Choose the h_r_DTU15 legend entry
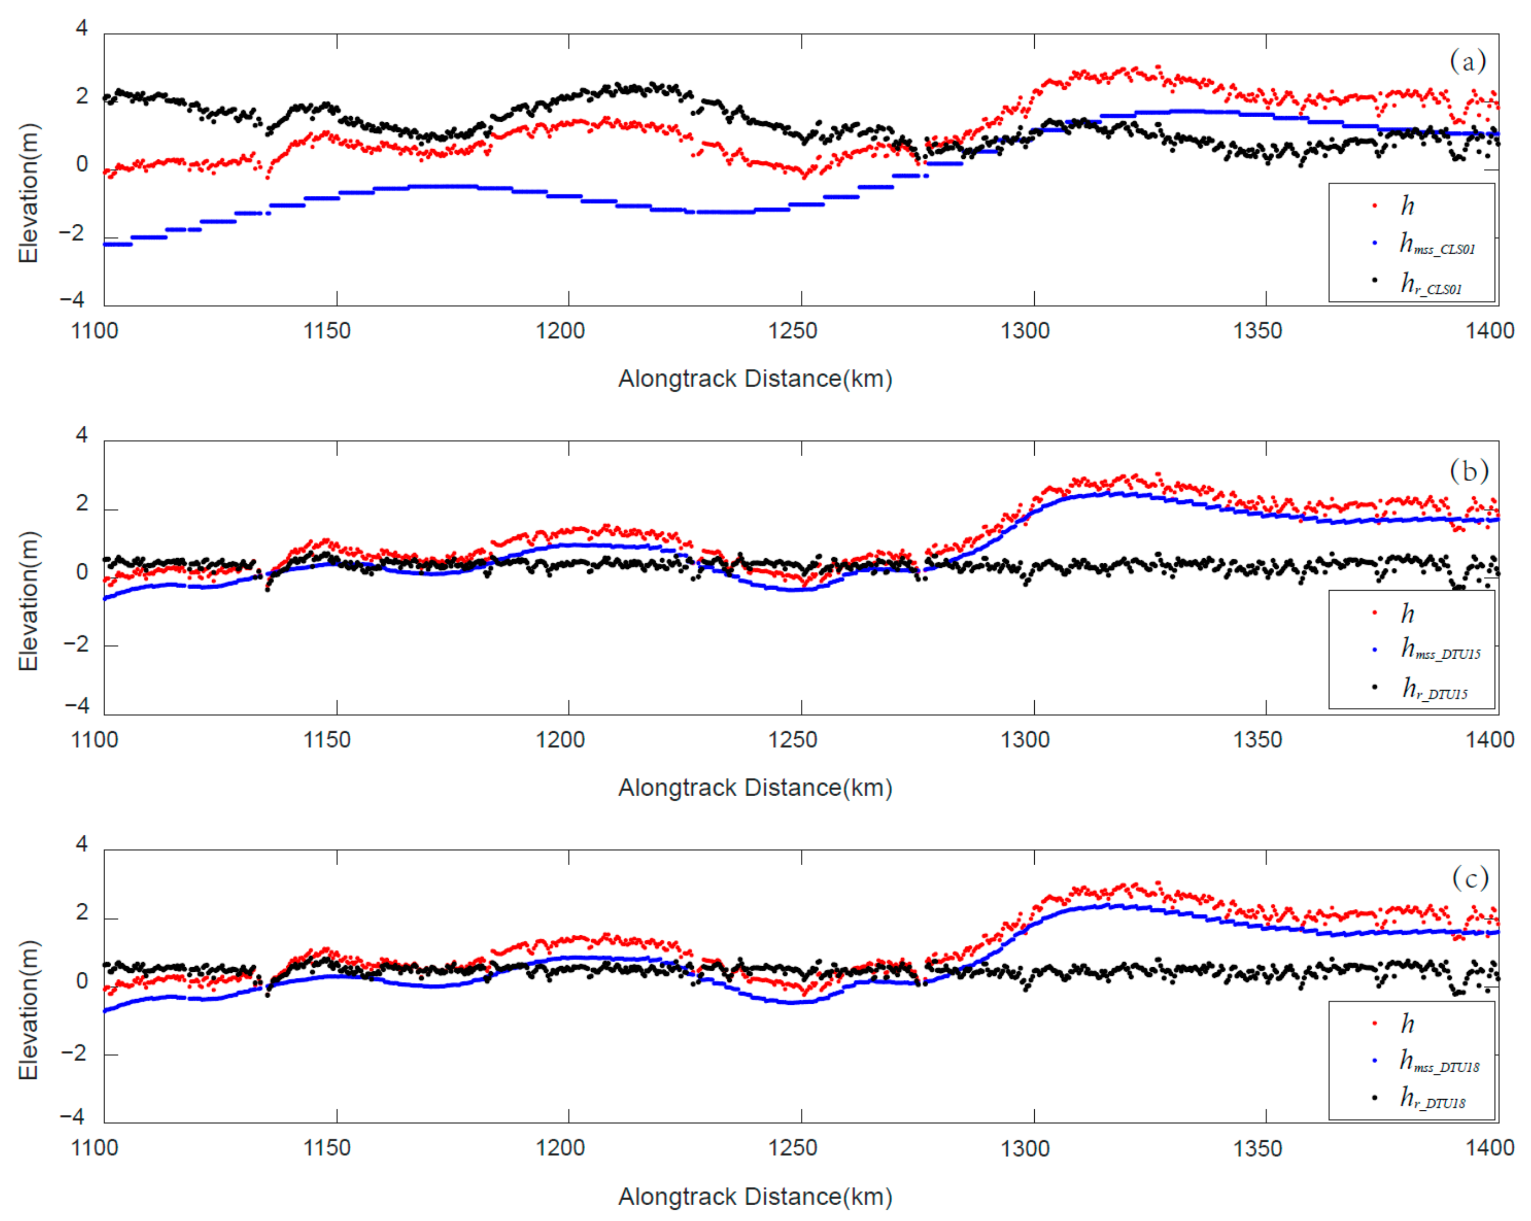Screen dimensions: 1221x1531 (x=1434, y=689)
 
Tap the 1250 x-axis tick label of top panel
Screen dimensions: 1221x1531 (x=792, y=331)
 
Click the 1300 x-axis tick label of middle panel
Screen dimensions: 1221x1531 (x=1025, y=740)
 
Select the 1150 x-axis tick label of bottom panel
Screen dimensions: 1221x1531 (x=327, y=1148)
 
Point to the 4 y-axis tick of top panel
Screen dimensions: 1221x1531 (x=82, y=28)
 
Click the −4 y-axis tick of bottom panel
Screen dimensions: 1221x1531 (x=72, y=1117)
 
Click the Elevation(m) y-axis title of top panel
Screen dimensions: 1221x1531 (x=28, y=193)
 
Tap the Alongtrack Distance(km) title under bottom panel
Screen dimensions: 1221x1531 (x=755, y=1197)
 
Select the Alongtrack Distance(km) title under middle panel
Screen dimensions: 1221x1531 (x=755, y=788)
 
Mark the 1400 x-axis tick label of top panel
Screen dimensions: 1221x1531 (x=1490, y=331)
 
